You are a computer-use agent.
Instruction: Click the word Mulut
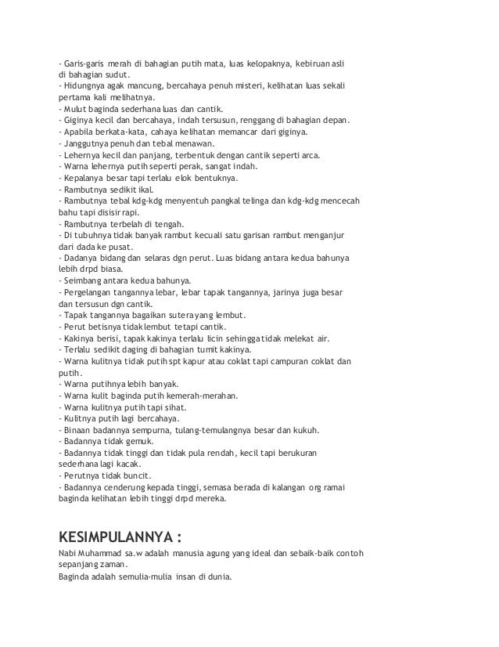pyautogui.click(x=76, y=109)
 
